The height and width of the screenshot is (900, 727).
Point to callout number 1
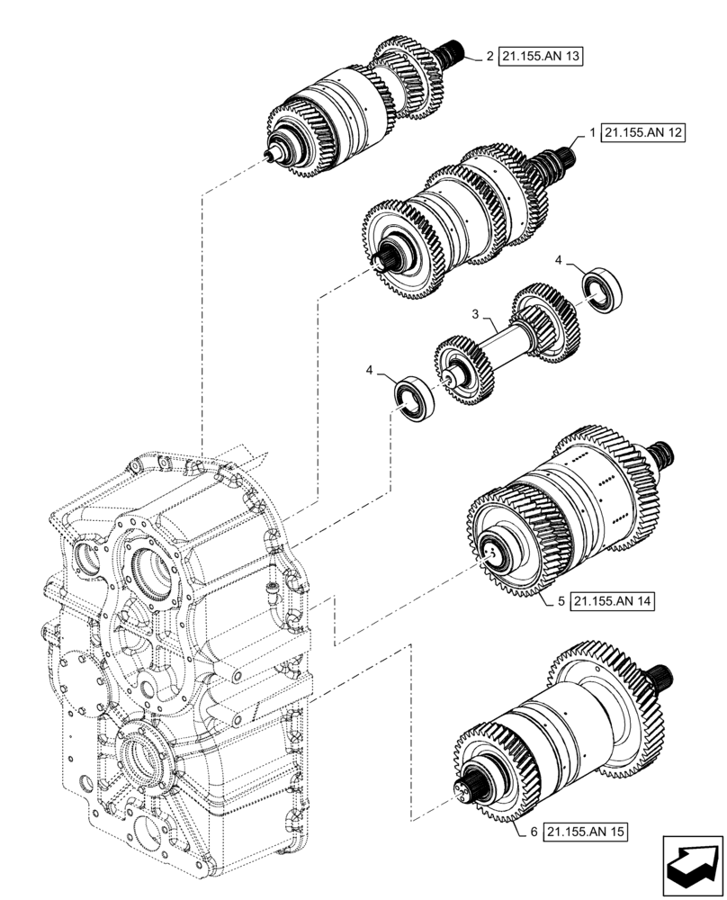click(x=593, y=132)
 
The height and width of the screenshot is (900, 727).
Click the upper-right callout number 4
click(x=559, y=260)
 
